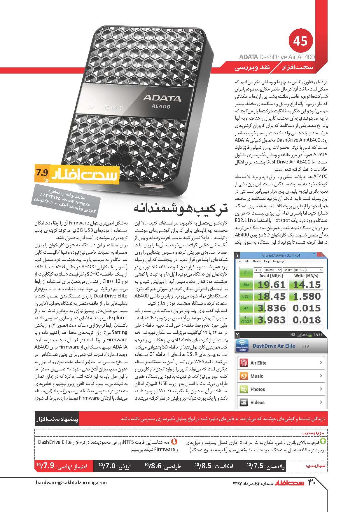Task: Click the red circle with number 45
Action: point(301,41)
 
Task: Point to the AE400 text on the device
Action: point(161,107)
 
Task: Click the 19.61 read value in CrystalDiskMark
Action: point(271,285)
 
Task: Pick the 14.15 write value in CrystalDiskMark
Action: point(307,285)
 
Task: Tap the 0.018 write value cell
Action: point(307,320)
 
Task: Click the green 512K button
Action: point(246,296)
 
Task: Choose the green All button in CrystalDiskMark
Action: point(246,273)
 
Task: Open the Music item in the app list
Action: point(257,376)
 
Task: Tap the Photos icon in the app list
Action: point(244,389)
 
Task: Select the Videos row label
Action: point(257,402)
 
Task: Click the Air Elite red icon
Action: point(244,363)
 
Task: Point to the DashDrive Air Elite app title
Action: point(274,346)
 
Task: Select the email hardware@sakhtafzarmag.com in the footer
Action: point(71,482)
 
